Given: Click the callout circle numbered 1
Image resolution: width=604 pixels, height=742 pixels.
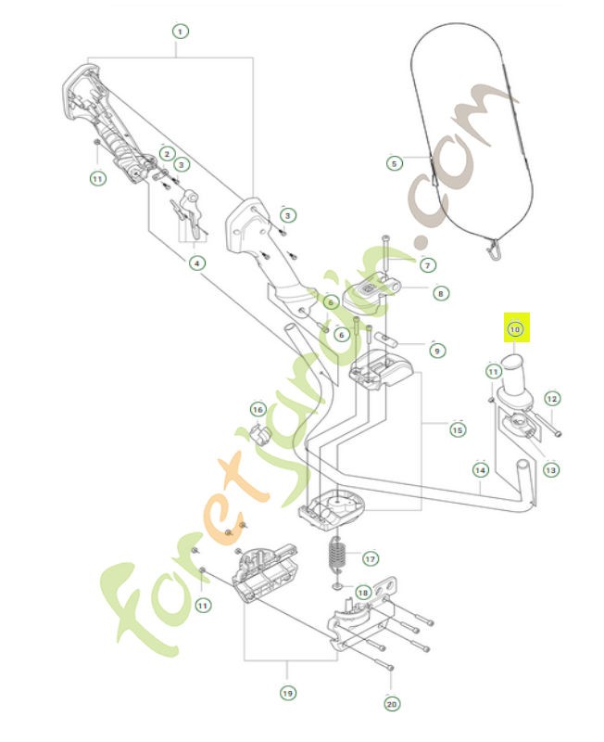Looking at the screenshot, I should (x=180, y=31).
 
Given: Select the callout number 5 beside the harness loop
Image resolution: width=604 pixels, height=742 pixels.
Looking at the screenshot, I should (x=394, y=163).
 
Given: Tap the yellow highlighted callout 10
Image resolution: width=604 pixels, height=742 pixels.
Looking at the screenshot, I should (x=515, y=327).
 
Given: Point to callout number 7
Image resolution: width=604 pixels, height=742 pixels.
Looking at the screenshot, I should (x=427, y=265).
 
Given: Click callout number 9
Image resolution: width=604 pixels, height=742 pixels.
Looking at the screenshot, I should (x=436, y=352).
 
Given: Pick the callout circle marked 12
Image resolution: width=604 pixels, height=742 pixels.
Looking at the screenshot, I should (x=551, y=399).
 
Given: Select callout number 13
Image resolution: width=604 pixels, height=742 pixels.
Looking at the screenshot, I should (x=551, y=470).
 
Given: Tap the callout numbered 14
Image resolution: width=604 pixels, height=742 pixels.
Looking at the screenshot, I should (x=480, y=470).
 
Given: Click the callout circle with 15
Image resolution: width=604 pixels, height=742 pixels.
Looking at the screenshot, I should (x=458, y=429).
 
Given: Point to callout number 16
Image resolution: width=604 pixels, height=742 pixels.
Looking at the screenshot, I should (x=258, y=409).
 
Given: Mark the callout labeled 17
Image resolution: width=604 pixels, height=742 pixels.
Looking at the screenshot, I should (x=370, y=559).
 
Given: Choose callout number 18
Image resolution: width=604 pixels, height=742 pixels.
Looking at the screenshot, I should (x=362, y=592).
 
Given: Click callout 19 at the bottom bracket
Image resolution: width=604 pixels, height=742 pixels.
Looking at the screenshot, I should (x=287, y=692).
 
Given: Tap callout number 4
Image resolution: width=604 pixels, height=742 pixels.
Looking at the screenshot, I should (x=196, y=263).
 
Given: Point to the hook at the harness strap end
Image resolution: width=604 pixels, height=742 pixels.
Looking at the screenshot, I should (x=495, y=249).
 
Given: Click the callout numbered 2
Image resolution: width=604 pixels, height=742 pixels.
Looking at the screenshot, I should (x=167, y=153).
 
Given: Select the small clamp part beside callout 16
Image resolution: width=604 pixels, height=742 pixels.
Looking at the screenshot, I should (x=260, y=434).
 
